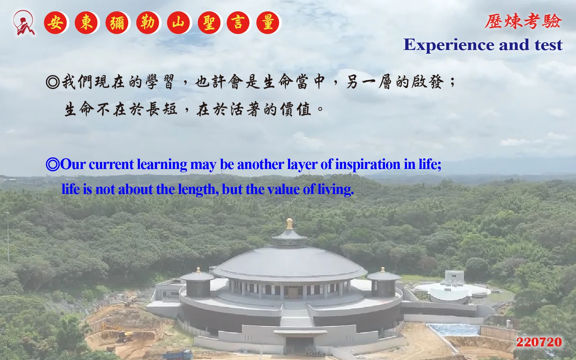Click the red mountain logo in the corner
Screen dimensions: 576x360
[24, 23]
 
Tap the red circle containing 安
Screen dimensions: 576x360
[55, 23]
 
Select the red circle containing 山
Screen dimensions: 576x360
[179, 23]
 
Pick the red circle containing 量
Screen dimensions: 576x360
[268, 23]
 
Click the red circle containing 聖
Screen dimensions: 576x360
[209, 23]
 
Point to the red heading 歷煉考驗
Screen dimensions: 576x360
[523, 21]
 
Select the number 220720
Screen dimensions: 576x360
[539, 342]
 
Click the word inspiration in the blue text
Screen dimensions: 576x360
[368, 165]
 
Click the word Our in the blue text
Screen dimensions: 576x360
[72, 164]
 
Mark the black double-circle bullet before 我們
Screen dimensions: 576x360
[53, 82]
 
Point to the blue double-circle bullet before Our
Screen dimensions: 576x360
[53, 165]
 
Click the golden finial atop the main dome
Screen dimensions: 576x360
[289, 224]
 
